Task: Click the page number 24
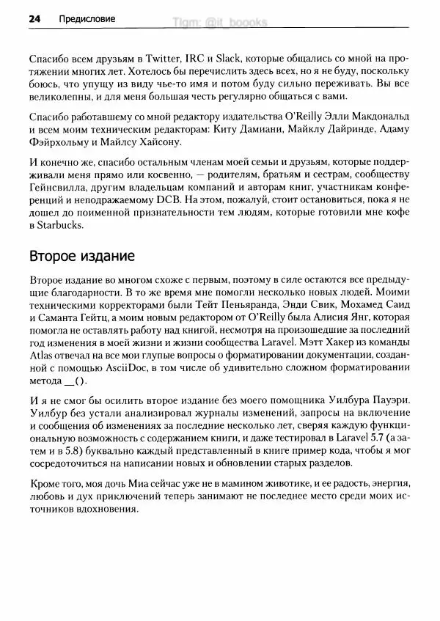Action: coord(34,18)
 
